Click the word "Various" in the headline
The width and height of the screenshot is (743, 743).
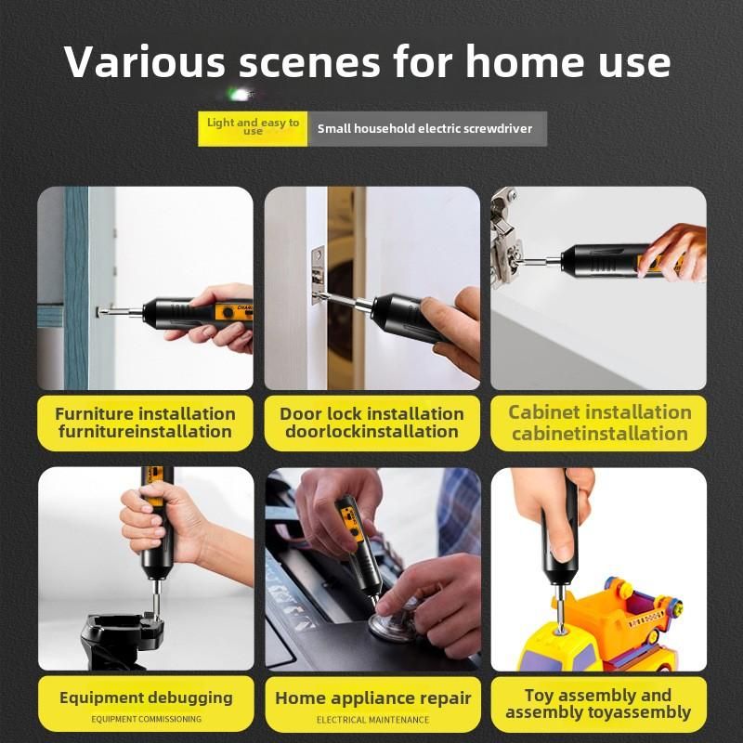tap(145, 61)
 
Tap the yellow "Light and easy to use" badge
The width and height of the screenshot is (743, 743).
tap(253, 129)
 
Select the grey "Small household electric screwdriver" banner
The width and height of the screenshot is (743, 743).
tap(427, 129)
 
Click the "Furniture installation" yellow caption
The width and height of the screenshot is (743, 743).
tap(145, 423)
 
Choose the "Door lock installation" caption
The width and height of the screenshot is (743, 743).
tap(372, 423)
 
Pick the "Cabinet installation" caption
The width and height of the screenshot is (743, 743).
tap(599, 423)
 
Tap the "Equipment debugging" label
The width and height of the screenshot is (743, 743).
tap(146, 697)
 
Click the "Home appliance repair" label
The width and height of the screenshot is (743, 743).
tap(373, 698)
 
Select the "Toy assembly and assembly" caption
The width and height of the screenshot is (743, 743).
tap(599, 704)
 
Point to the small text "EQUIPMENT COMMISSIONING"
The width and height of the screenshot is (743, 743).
tap(147, 719)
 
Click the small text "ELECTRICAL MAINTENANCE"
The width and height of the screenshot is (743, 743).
tap(373, 720)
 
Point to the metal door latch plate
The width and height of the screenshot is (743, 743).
tap(318, 275)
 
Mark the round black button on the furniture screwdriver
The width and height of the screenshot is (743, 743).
tap(228, 313)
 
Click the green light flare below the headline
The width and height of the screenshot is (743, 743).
tap(241, 95)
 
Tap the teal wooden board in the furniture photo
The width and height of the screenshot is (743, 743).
tap(76, 288)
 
